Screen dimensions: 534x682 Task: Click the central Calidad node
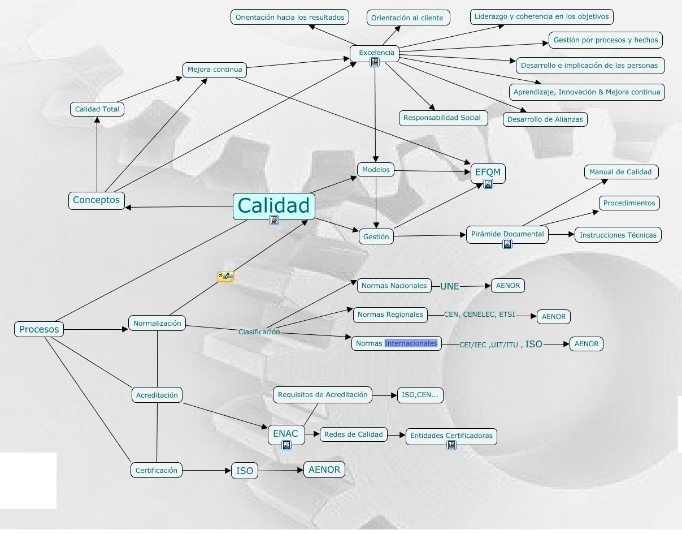coord(273,206)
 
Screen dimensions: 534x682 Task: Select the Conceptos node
coord(97,200)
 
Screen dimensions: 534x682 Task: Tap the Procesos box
coord(39,329)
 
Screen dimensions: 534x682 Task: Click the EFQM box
coord(488,172)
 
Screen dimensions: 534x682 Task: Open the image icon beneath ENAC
coord(286,445)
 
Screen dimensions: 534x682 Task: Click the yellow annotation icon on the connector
coord(225,277)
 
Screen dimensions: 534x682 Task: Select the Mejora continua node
coord(215,70)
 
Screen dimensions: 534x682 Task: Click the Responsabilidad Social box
coord(442,118)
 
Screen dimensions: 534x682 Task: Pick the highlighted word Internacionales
coord(411,343)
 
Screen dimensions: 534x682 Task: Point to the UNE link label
coord(450,286)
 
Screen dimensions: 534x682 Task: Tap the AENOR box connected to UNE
coord(508,286)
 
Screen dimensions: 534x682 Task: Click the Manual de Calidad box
coord(620,172)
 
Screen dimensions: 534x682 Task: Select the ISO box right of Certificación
coord(245,471)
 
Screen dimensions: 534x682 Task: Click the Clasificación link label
coord(259,332)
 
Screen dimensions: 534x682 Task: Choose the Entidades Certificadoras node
coord(451,436)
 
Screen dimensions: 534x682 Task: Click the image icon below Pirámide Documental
coord(507,244)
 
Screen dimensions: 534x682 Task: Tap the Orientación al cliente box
coord(407,18)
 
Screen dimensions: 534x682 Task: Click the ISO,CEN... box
coord(420,395)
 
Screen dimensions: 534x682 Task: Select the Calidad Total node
coord(97,109)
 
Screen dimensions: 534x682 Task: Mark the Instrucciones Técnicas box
coord(618,235)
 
